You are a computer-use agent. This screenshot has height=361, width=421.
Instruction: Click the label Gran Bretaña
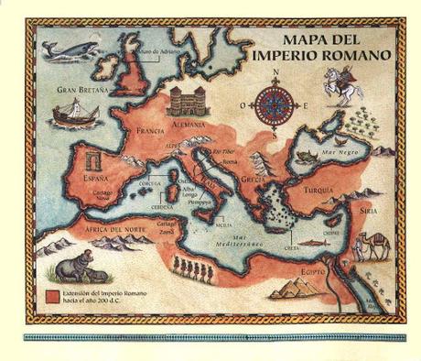click(x=81, y=90)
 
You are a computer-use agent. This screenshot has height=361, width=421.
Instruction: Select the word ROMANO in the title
click(x=358, y=55)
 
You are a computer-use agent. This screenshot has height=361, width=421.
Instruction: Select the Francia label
click(x=149, y=130)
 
